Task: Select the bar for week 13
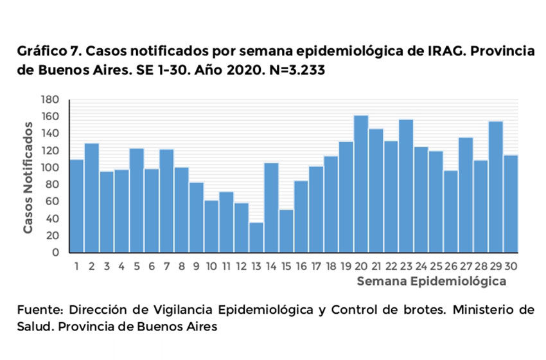pos(256,237)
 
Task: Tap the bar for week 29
pos(496,186)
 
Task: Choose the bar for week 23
pos(406,186)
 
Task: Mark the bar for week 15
pos(286,231)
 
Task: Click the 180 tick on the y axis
pos(51,100)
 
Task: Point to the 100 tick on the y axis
pos(51,167)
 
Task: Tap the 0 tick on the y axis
pos(56,252)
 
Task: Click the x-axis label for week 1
pos(76,264)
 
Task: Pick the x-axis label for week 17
pos(316,264)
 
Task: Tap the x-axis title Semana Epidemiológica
pos(431,281)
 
